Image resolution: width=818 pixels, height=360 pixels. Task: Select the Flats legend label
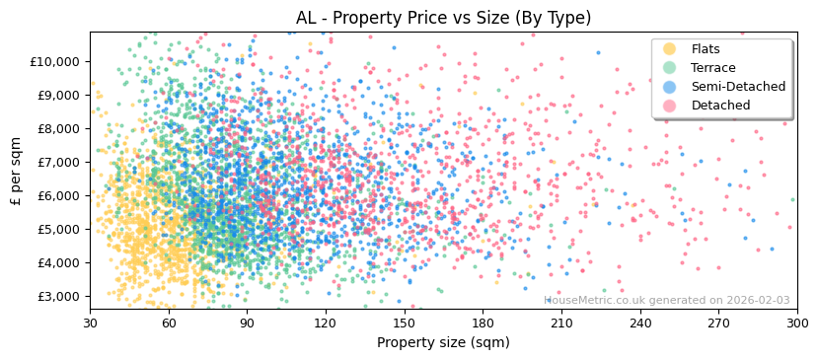(706, 49)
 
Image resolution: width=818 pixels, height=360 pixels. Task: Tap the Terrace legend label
(712, 68)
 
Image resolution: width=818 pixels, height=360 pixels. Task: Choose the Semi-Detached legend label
(738, 87)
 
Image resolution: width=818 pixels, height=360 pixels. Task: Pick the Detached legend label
(720, 106)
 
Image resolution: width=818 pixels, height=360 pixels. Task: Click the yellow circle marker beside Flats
(670, 49)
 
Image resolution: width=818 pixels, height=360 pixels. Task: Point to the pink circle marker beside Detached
(670, 106)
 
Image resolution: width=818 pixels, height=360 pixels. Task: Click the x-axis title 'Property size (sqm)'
(443, 343)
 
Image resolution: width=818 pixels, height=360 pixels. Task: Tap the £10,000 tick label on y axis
(53, 61)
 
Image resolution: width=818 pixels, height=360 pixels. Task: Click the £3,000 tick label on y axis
(57, 296)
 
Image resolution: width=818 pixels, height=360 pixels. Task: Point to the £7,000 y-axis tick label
(57, 162)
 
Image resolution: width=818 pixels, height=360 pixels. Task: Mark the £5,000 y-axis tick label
(57, 229)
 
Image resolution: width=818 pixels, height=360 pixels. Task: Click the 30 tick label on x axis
(90, 323)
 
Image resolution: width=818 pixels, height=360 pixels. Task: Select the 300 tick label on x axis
(797, 323)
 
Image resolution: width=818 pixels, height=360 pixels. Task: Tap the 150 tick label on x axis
(404, 323)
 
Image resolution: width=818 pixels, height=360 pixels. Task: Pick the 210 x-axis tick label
(561, 323)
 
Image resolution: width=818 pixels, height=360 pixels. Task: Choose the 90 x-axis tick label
(247, 323)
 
